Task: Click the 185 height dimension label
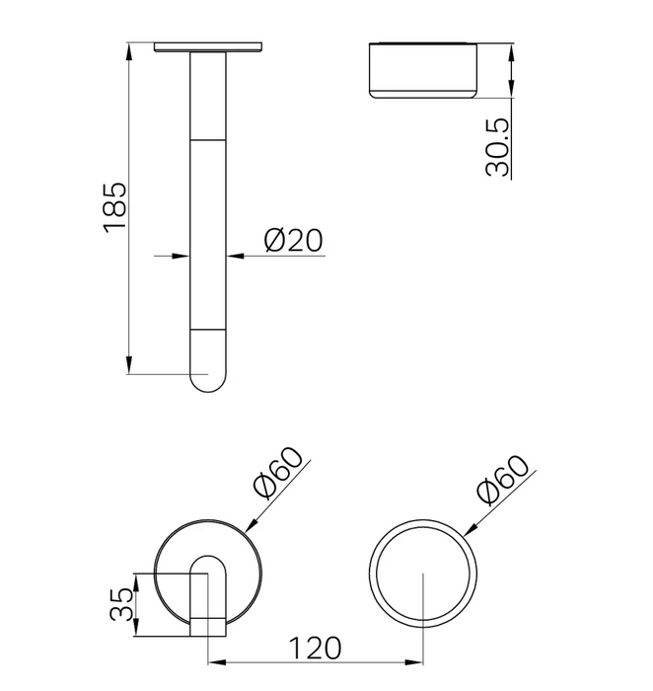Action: (115, 207)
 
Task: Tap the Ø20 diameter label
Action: (294, 240)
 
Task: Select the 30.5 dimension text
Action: (497, 148)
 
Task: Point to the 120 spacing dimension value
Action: (315, 648)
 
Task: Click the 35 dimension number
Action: (121, 604)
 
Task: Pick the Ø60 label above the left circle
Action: (279, 473)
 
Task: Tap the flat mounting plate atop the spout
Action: (208, 46)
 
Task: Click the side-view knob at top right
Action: (423, 70)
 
